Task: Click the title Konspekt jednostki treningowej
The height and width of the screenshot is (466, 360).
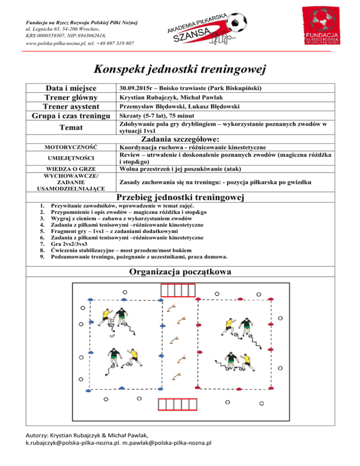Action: pos(180,69)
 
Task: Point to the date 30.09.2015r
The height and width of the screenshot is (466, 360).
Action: pos(134,88)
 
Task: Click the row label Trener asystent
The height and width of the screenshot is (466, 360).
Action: pos(70,106)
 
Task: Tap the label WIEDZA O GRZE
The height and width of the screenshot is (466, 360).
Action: pos(70,169)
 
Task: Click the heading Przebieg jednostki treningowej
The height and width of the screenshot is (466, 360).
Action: pos(180,198)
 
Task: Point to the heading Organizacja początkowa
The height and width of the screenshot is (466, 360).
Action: pos(180,272)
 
